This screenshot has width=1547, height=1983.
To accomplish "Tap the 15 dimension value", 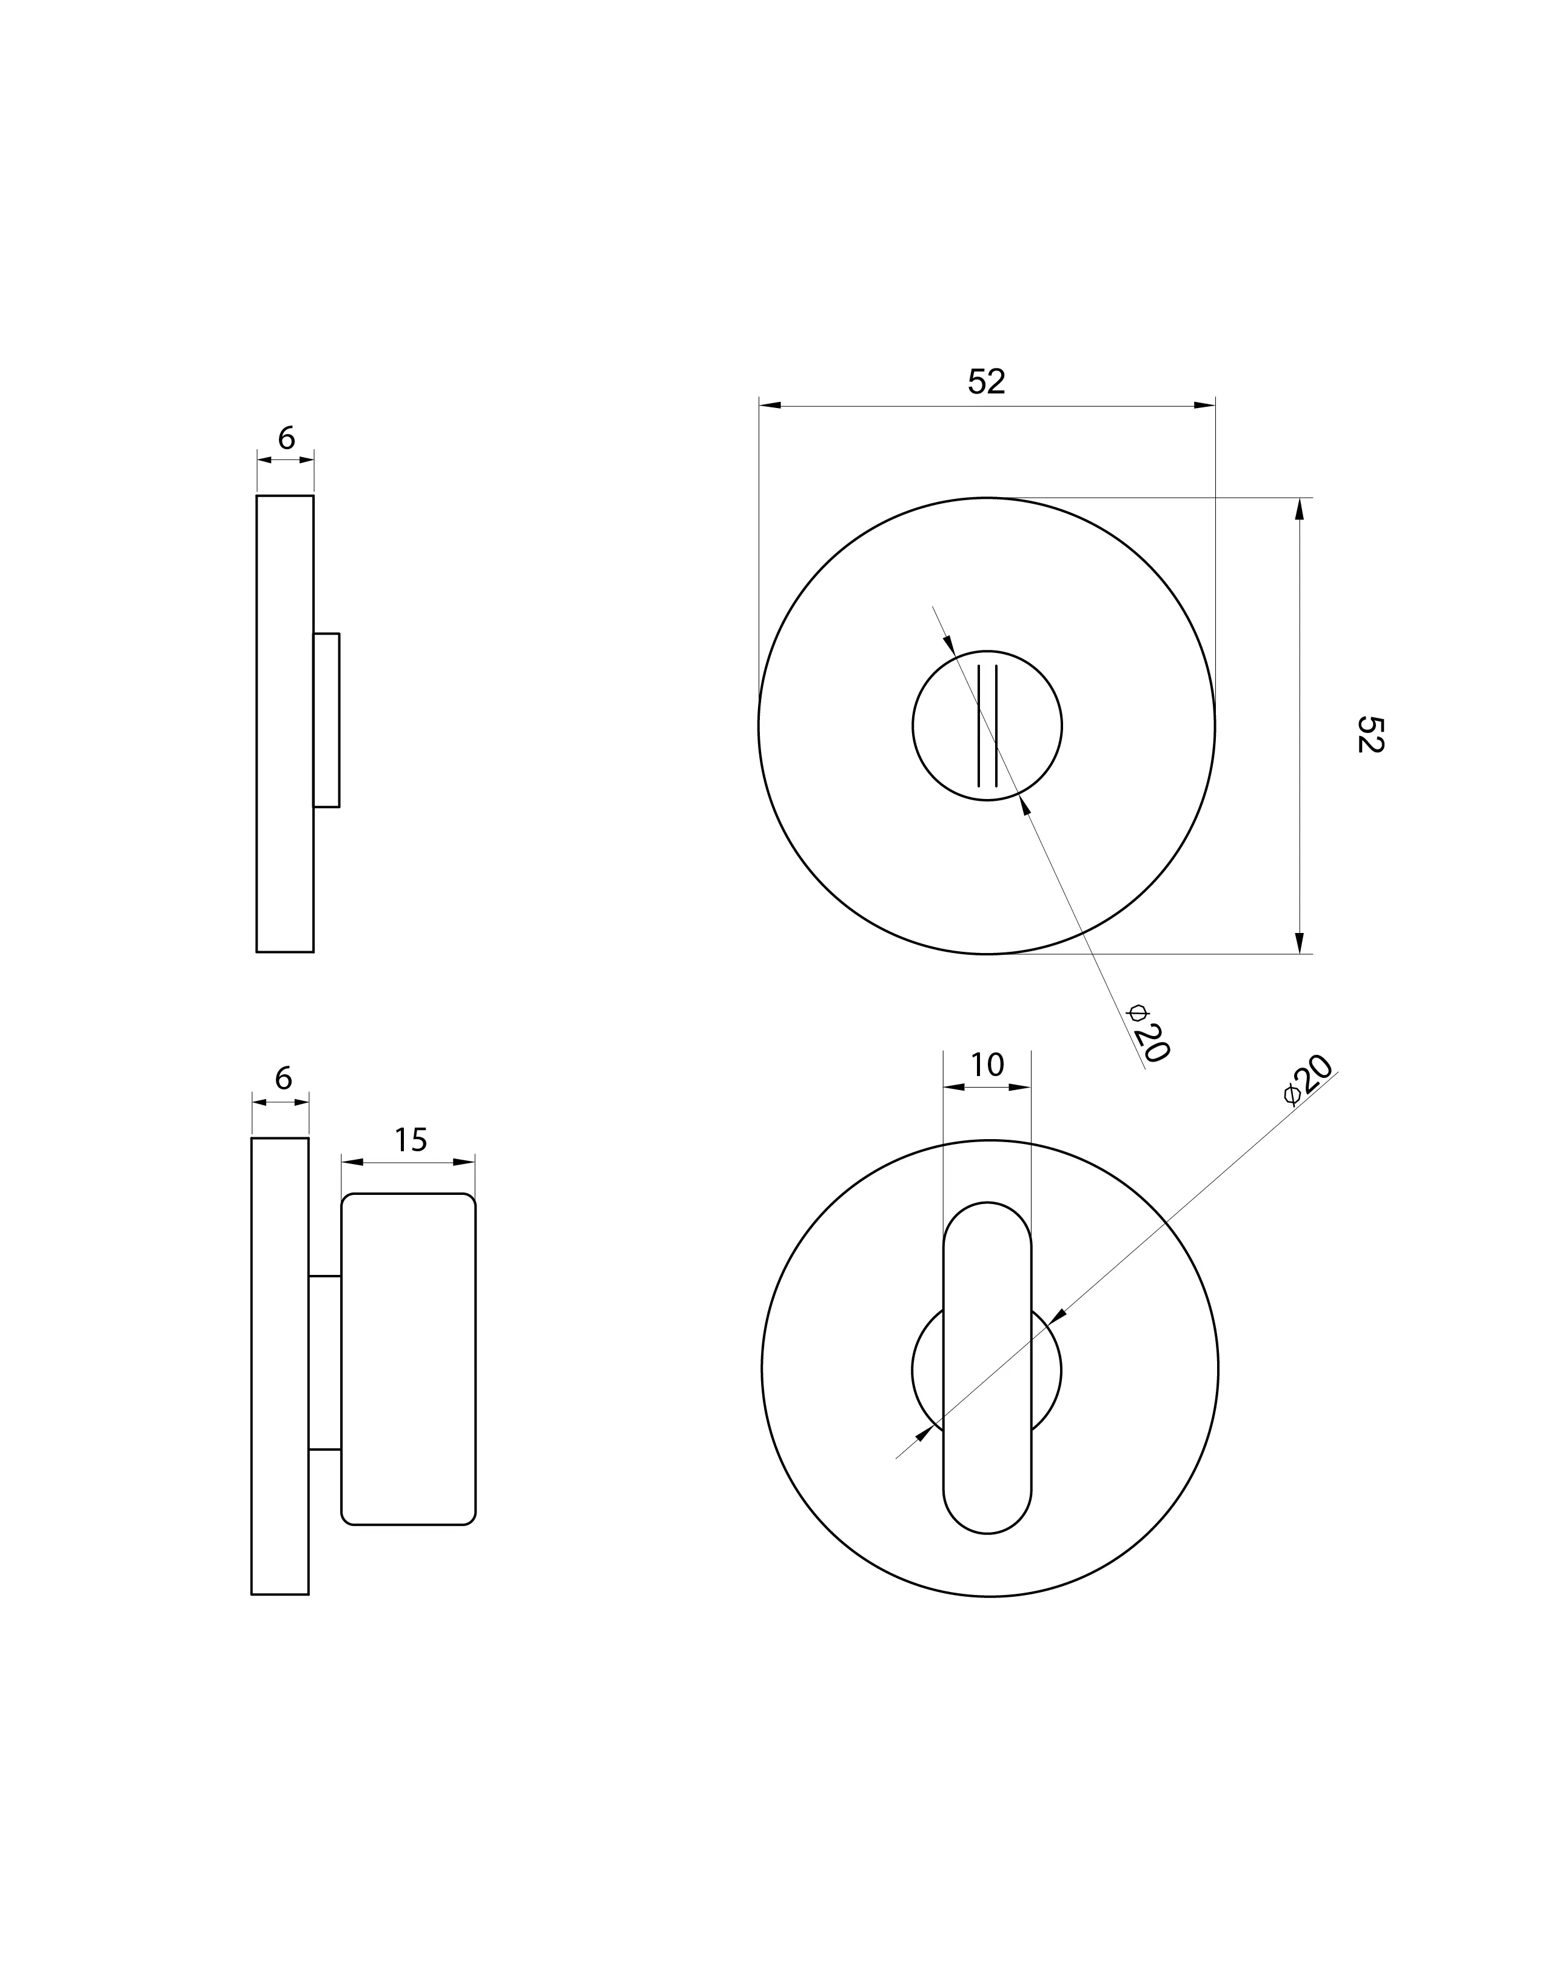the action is tap(411, 1140).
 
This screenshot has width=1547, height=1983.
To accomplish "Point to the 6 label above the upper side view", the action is tap(286, 438).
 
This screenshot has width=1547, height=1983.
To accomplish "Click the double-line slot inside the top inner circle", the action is tap(987, 726).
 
